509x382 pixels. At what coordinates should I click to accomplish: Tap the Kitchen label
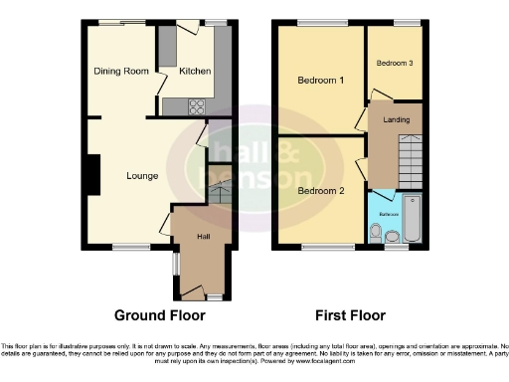(x=194, y=71)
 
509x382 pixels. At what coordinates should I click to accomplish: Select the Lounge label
(x=143, y=176)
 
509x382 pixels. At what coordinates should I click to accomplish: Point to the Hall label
(x=203, y=236)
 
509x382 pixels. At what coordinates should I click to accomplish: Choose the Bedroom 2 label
(x=321, y=190)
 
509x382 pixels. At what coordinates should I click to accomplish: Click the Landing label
(x=397, y=120)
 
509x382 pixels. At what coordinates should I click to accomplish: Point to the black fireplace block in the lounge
(x=92, y=176)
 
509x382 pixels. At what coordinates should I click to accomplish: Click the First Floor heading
(x=350, y=315)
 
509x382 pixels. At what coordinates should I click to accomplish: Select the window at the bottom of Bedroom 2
(x=320, y=247)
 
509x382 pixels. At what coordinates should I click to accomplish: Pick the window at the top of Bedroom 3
(x=406, y=22)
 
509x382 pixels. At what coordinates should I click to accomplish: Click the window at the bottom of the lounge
(x=130, y=247)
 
